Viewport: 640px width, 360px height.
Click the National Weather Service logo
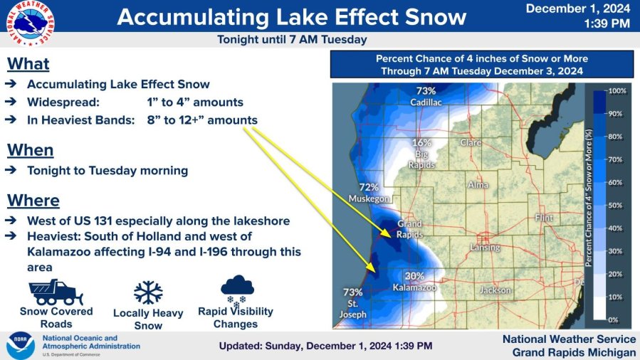pyautogui.click(x=30, y=23)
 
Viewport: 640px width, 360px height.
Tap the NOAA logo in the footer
pyautogui.click(x=21, y=346)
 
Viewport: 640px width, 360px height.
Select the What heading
pyautogui.click(x=28, y=64)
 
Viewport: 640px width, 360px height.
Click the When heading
pyautogui.click(x=30, y=150)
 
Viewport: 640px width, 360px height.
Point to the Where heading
pyautogui.click(x=33, y=201)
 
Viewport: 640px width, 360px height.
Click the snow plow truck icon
pyautogui.click(x=56, y=292)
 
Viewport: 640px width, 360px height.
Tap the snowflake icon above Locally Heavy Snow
pyautogui.click(x=148, y=292)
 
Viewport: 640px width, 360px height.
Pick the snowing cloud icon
pyautogui.click(x=237, y=291)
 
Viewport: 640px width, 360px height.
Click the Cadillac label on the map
pyautogui.click(x=426, y=102)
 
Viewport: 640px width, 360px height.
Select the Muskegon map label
pyautogui.click(x=369, y=198)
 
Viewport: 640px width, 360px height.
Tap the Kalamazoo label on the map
pyautogui.click(x=415, y=287)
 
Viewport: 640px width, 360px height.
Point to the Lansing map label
pyautogui.click(x=485, y=248)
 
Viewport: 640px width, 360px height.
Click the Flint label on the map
pyautogui.click(x=544, y=218)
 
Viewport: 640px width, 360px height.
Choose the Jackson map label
pyautogui.click(x=495, y=290)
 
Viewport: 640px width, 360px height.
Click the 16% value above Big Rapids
pyautogui.click(x=421, y=143)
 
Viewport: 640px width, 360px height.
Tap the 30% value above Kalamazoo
pyautogui.click(x=414, y=276)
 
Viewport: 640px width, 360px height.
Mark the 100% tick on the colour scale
pyautogui.click(x=617, y=91)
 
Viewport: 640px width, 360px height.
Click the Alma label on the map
pyautogui.click(x=478, y=185)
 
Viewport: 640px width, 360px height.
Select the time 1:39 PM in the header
pyautogui.click(x=607, y=23)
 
